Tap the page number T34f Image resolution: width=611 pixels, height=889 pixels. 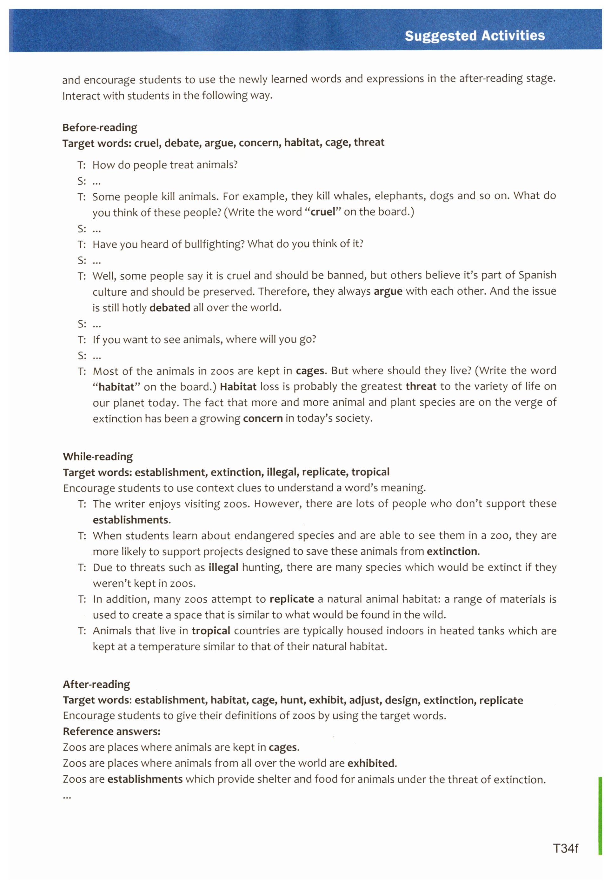click(x=565, y=848)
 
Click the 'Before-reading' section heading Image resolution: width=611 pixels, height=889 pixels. click(x=100, y=128)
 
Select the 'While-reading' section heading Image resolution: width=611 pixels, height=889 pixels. click(x=98, y=456)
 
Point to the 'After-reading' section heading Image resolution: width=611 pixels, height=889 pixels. click(x=96, y=684)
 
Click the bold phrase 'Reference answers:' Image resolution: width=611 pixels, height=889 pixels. click(x=111, y=731)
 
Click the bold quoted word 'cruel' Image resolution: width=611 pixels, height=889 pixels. click(x=323, y=212)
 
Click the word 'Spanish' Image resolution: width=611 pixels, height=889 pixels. click(x=537, y=275)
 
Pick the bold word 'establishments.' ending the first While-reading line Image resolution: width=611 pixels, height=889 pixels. click(x=132, y=519)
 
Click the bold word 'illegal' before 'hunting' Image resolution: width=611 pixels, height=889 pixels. click(x=223, y=567)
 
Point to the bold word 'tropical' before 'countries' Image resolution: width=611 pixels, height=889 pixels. click(x=211, y=631)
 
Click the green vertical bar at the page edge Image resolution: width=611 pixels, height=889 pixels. click(x=600, y=815)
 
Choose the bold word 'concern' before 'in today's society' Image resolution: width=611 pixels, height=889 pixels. click(x=262, y=418)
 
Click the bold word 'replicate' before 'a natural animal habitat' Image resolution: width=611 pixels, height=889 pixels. click(x=292, y=599)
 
